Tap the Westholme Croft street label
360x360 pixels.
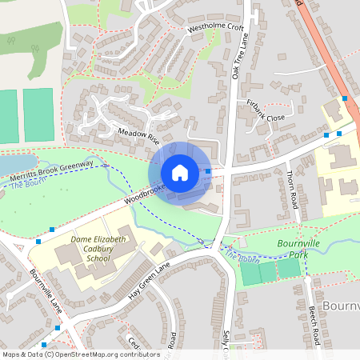coord(215,29)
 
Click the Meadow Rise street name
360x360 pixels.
coord(138,133)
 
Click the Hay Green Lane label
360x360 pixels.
coord(150,282)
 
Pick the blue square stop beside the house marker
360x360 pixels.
coord(208,171)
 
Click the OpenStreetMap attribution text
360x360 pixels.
coord(81,354)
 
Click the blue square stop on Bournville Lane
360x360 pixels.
coord(57,328)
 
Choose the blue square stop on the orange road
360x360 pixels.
coord(345,98)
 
